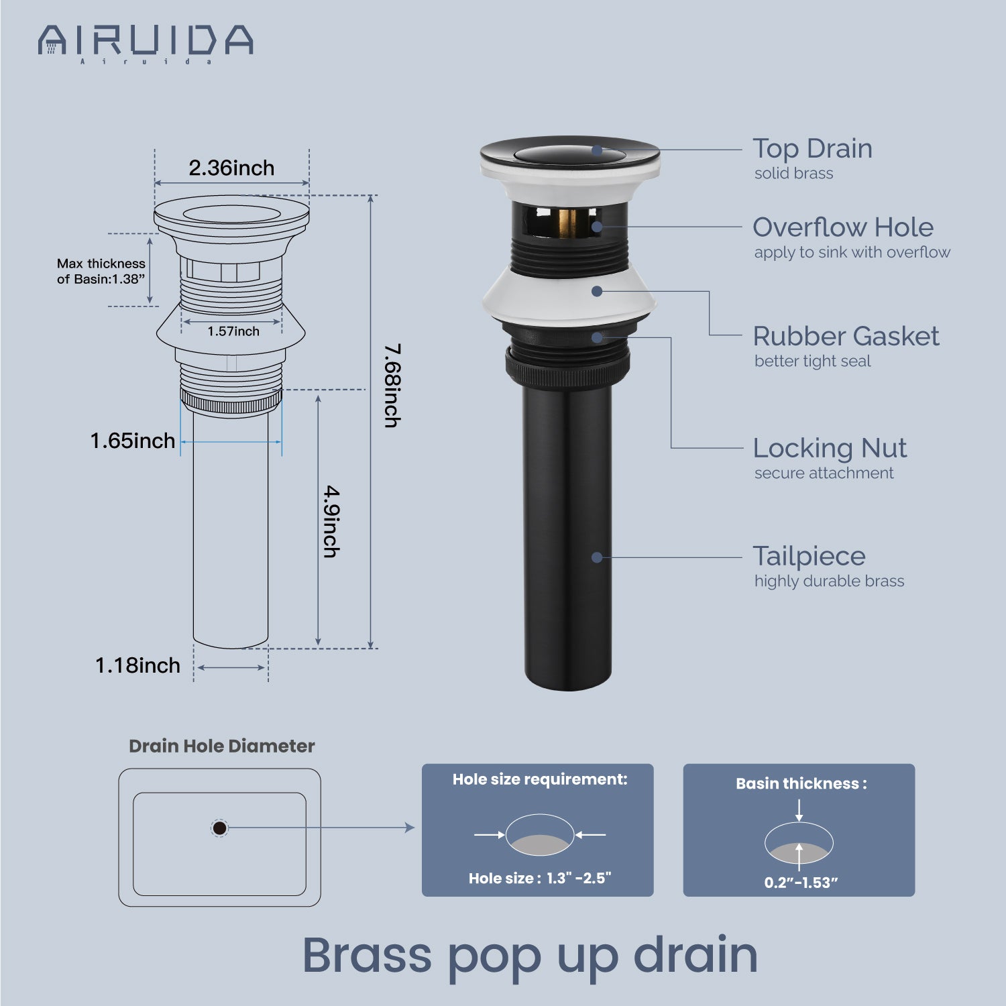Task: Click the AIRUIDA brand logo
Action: pyautogui.click(x=146, y=43)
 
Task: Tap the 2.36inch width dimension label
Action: pyautogui.click(x=231, y=168)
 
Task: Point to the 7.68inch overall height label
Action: pyautogui.click(x=392, y=386)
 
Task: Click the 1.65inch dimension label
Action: pyautogui.click(x=133, y=441)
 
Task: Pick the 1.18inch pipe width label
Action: pyautogui.click(x=137, y=665)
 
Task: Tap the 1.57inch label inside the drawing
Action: pyautogui.click(x=233, y=331)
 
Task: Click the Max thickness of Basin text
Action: pyautogui.click(x=101, y=272)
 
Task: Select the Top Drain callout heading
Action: pyautogui.click(x=812, y=148)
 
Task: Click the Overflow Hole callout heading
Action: pyautogui.click(x=843, y=227)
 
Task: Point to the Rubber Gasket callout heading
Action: pyautogui.click(x=846, y=336)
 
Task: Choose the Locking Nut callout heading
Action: pyautogui.click(x=830, y=448)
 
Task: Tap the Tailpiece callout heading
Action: pyautogui.click(x=809, y=556)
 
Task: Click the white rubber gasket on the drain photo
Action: pyautogui.click(x=569, y=295)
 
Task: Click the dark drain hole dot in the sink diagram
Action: pyautogui.click(x=219, y=828)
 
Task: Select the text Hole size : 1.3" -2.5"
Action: pyautogui.click(x=540, y=879)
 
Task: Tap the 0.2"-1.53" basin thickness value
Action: pyautogui.click(x=801, y=883)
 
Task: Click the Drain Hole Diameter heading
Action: pyautogui.click(x=221, y=746)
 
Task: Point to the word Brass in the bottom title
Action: pyautogui.click(x=367, y=955)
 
